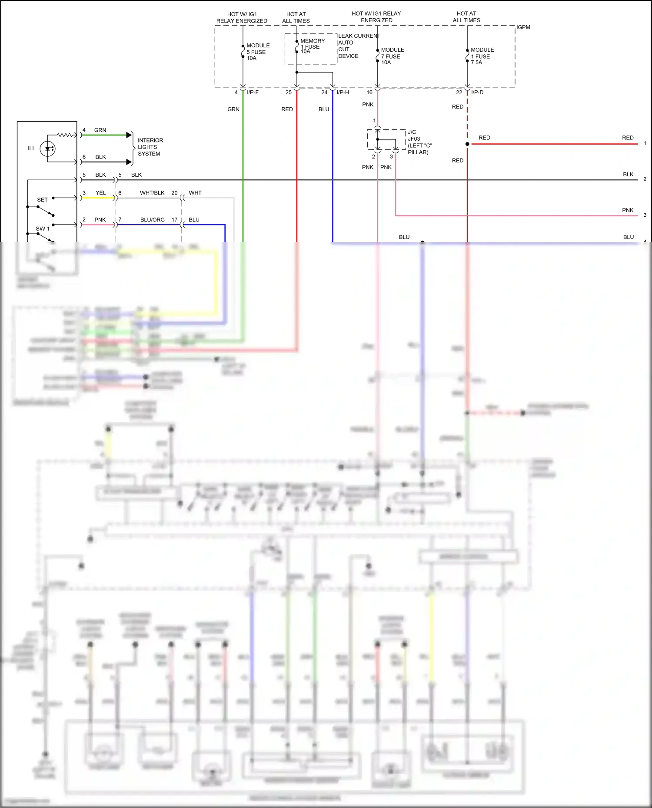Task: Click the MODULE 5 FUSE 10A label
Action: [x=258, y=52]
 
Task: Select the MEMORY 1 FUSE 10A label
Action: [x=312, y=46]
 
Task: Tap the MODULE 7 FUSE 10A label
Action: [x=392, y=56]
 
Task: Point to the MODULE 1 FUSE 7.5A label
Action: [x=482, y=56]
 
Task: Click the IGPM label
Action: [x=523, y=27]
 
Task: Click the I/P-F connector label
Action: [x=253, y=92]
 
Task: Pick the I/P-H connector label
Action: [x=343, y=92]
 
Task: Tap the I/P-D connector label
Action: [x=477, y=92]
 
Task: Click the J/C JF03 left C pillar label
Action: [x=419, y=142]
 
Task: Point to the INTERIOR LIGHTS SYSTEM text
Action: [x=150, y=147]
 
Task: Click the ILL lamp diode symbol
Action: [x=47, y=149]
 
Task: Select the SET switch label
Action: [x=42, y=200]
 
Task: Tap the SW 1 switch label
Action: [x=42, y=228]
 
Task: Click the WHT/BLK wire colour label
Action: [x=152, y=193]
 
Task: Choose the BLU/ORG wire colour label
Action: [x=152, y=220]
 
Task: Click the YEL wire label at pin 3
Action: [x=100, y=193]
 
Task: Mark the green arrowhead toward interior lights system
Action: [x=129, y=135]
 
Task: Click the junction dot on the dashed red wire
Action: [x=467, y=144]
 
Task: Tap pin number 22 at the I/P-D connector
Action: [x=459, y=92]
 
